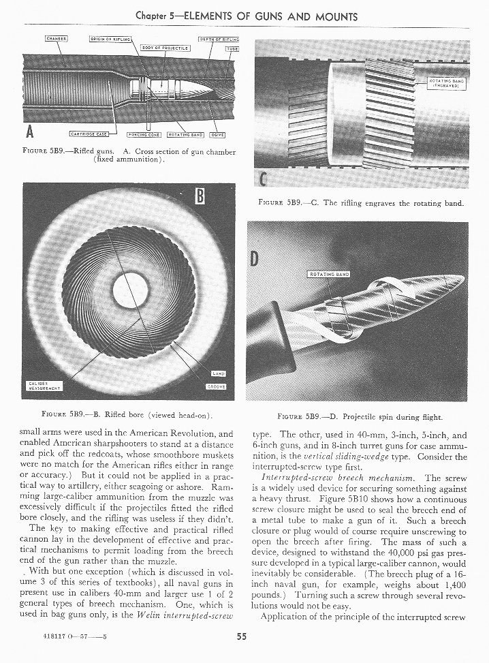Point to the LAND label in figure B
click(219, 373)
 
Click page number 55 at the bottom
click(241, 638)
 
